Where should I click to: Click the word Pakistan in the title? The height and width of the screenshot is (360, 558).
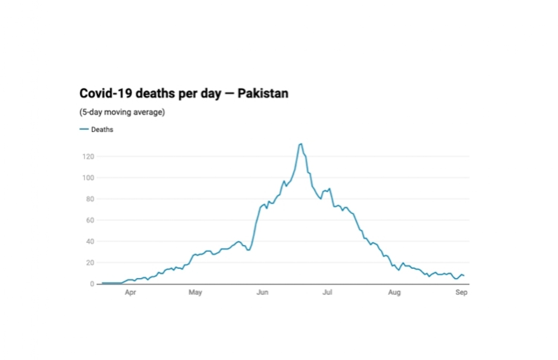tap(263, 93)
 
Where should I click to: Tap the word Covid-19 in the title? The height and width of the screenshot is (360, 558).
tap(106, 93)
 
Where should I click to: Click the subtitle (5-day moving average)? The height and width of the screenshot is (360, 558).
tap(122, 112)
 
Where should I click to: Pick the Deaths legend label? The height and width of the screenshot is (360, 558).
tap(102, 129)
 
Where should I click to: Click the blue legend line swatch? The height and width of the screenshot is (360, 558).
tap(84, 129)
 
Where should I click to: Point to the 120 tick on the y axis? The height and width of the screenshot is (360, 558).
tap(88, 157)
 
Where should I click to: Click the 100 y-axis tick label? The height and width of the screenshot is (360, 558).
tap(88, 178)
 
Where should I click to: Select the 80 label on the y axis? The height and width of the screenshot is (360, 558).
tap(90, 199)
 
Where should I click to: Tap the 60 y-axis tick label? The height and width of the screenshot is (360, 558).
tap(90, 220)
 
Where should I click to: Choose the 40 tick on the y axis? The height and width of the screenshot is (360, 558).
tap(90, 241)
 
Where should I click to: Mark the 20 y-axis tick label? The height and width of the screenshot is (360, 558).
tap(90, 263)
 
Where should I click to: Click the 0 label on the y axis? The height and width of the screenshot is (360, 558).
tap(92, 284)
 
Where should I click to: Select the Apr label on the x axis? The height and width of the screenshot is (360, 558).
tap(130, 292)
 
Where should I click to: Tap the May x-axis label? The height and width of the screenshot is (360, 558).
tap(195, 292)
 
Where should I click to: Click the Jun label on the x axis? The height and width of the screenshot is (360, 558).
tap(262, 292)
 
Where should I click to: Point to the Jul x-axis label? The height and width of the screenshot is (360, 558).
tap(327, 292)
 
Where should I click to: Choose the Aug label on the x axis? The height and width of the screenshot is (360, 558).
tap(394, 292)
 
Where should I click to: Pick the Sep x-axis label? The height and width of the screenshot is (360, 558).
tap(461, 292)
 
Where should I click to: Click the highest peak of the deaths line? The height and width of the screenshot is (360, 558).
tap(301, 144)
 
